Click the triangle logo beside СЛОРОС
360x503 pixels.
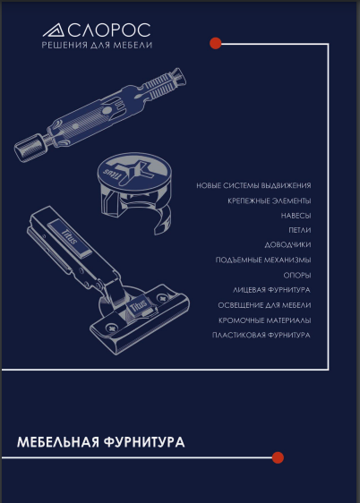coord(55,30)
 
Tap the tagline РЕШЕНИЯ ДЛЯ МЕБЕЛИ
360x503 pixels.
coord(97,45)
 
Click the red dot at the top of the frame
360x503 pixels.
coord(216,43)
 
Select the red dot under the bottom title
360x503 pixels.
coord(278,457)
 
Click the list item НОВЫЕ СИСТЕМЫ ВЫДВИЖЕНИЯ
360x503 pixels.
coord(253,185)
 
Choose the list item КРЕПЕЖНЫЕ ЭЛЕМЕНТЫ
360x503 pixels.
coord(270,200)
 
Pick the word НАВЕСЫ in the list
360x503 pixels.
coord(296,216)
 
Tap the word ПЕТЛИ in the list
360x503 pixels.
coord(300,230)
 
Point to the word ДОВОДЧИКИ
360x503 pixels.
coord(287,245)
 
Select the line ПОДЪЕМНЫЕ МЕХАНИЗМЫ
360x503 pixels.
coord(263,260)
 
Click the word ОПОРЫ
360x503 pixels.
coord(297,276)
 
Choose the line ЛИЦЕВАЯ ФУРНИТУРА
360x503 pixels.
coord(271,290)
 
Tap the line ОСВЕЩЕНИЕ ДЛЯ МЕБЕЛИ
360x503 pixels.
coord(264,305)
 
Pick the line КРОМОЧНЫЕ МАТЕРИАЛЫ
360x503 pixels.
coord(265,320)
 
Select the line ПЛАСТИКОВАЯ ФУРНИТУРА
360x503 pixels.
coord(261,336)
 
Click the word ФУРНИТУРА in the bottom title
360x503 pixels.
coord(144,442)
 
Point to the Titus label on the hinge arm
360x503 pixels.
coord(69,236)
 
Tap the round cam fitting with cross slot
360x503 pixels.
coord(134,192)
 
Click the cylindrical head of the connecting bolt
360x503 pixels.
coord(29,149)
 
